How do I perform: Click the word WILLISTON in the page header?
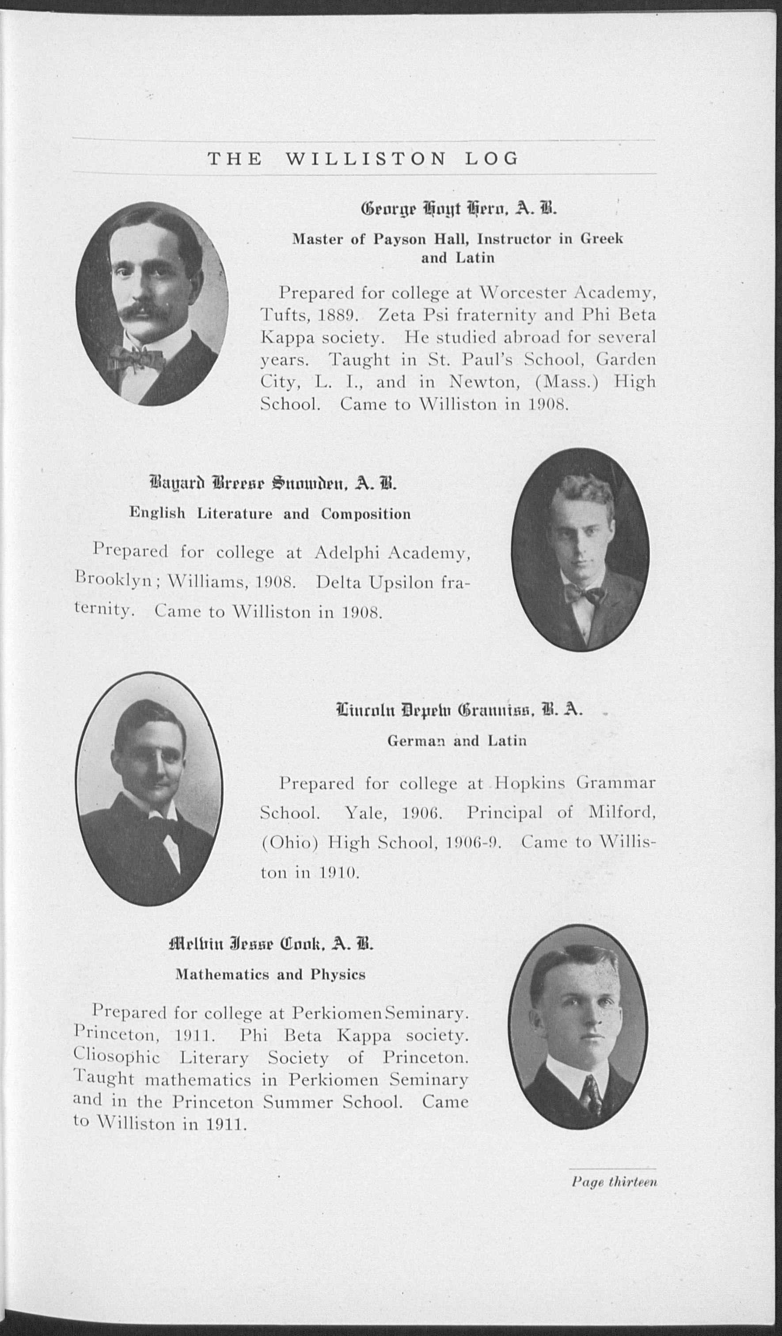pos(365,159)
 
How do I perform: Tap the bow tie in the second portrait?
pos(584,595)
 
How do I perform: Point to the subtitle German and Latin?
pos(457,740)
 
